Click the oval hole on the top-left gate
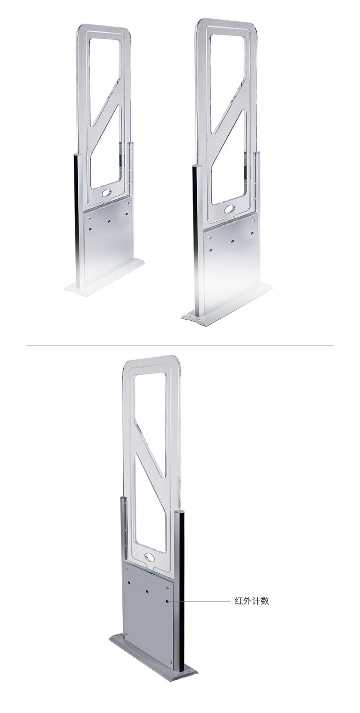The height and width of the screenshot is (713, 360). (x=105, y=193)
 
